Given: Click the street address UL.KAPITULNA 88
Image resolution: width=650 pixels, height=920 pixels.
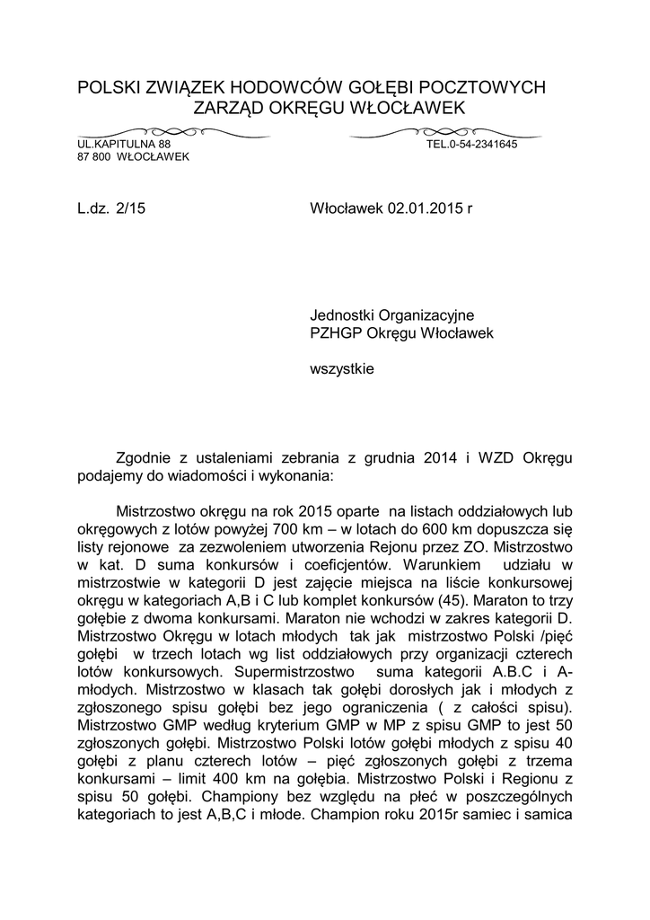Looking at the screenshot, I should tap(123, 145).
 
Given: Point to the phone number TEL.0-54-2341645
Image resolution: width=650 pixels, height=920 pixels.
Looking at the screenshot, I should tap(471, 145).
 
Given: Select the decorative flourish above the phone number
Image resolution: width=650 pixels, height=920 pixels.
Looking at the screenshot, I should tap(432, 132).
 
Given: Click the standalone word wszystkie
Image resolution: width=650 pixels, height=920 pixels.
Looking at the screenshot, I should tap(342, 368).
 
